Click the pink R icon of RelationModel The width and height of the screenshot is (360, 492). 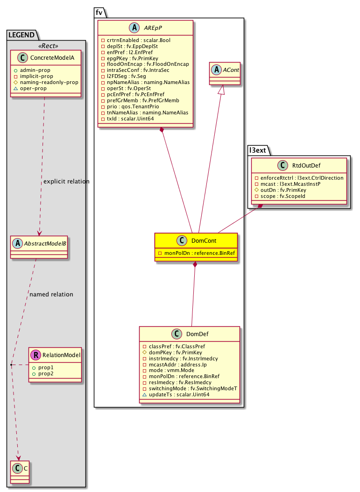(x=35, y=355)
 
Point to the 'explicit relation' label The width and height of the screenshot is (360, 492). (x=65, y=181)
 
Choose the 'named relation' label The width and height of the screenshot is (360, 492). (x=51, y=295)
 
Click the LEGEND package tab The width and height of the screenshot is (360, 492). (x=21, y=34)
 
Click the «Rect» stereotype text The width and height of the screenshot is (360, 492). (x=46, y=46)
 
